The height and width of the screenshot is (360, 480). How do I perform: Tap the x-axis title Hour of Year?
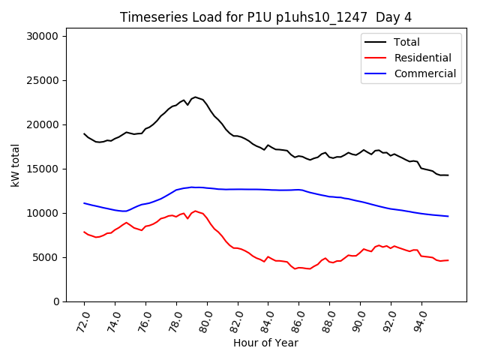pyautogui.click(x=265, y=343)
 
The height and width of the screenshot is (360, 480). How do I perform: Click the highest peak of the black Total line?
pyautogui.click(x=195, y=97)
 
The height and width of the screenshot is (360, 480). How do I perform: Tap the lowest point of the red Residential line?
pyautogui.click(x=295, y=268)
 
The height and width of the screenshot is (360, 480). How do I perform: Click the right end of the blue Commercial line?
pyautogui.click(x=448, y=216)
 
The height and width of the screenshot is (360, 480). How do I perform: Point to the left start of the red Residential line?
pyautogui.click(x=84, y=232)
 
